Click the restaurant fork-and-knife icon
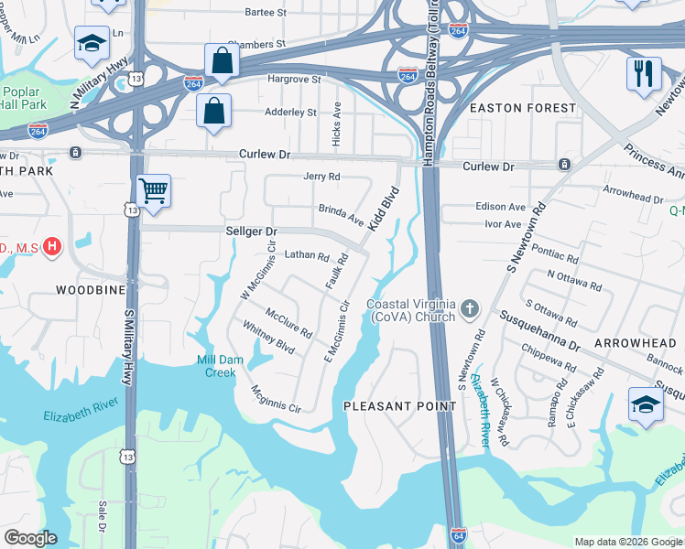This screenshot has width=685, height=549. click(644, 73)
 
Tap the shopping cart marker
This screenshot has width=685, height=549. click(153, 191)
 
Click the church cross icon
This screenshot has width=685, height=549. click(470, 308)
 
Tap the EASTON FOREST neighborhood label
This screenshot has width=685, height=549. click(523, 108)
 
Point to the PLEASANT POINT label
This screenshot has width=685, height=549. click(399, 405)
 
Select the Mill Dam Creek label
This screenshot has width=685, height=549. click(220, 366)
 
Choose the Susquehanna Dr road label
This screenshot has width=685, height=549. click(539, 333)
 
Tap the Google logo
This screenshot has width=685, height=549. click(30, 538)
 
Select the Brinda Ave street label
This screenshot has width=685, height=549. click(342, 214)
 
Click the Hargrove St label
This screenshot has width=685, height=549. click(294, 80)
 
